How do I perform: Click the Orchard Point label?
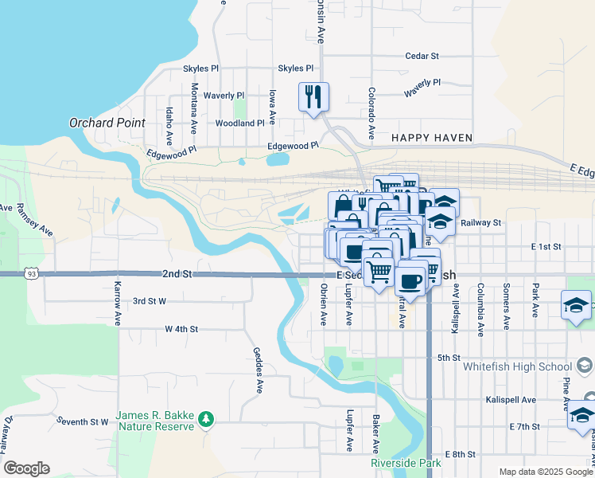point(107,123)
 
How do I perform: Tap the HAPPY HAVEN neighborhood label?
point(432,138)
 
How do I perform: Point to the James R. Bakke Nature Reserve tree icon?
point(206,417)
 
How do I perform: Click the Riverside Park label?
point(405,463)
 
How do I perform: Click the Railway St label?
point(481,223)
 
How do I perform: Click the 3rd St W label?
point(149,301)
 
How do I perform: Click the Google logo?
point(26,468)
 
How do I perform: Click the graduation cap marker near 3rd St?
point(576,305)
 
